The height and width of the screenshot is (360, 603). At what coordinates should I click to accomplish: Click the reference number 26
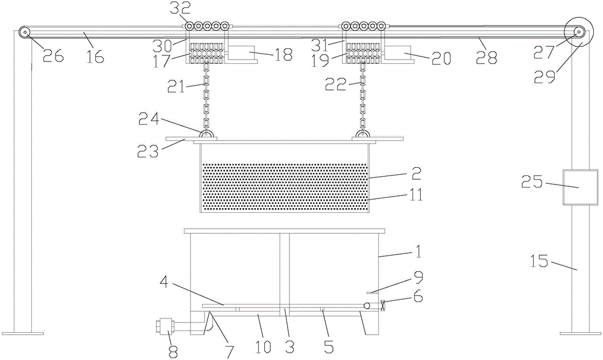[x=52, y=56]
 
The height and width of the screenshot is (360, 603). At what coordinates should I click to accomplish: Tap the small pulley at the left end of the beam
[x=25, y=33]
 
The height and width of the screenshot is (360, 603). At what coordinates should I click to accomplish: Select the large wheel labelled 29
[x=577, y=33]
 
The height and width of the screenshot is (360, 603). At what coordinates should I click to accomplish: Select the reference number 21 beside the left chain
[x=176, y=87]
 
